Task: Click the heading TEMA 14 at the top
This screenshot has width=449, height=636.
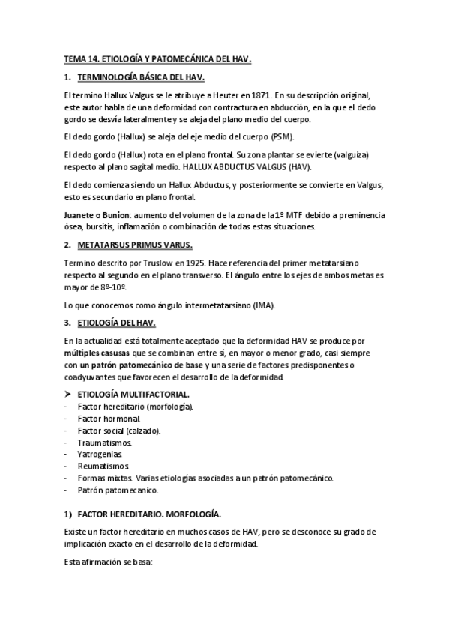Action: (157, 58)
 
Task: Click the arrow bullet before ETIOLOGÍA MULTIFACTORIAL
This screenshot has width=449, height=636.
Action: (68, 393)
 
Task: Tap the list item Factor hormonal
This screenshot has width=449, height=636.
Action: (109, 418)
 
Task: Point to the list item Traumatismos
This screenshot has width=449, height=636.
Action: (104, 442)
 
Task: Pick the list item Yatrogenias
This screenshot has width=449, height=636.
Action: (101, 454)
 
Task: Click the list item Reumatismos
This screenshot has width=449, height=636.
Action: (103, 466)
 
